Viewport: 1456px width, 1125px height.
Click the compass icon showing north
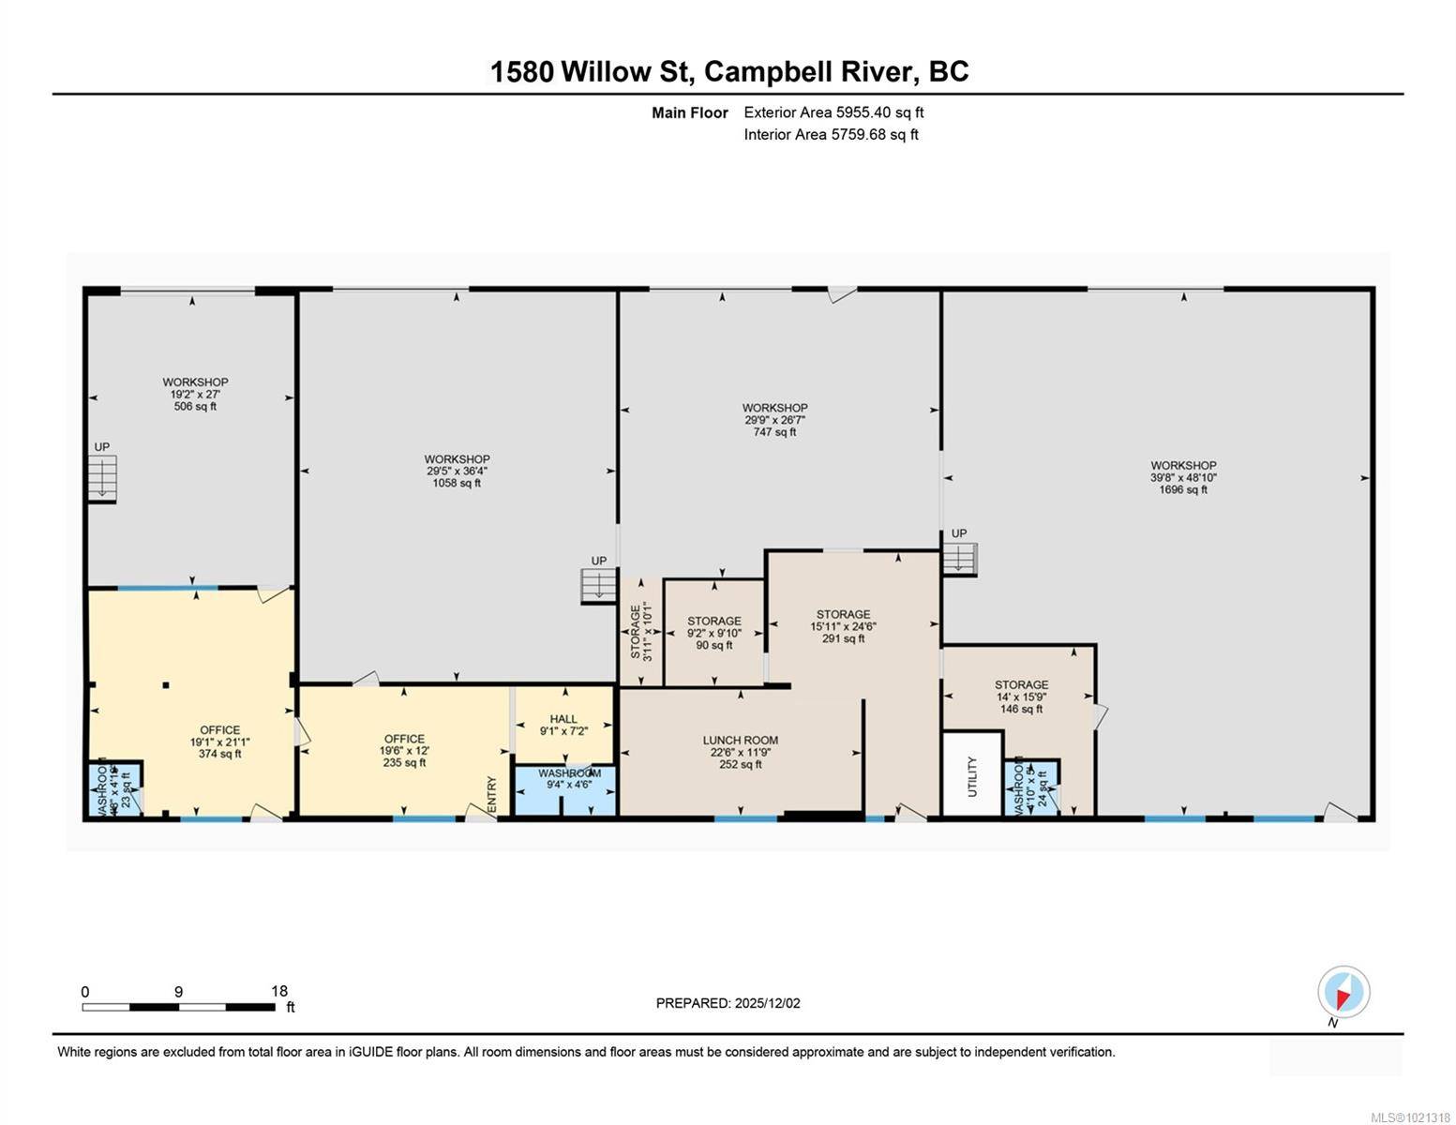click(x=1343, y=992)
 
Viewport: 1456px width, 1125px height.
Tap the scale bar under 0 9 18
click(x=178, y=1007)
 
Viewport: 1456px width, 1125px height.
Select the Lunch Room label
click(x=740, y=752)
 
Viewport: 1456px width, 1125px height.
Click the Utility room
click(x=971, y=776)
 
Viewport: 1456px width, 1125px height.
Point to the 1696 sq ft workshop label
click(x=1183, y=477)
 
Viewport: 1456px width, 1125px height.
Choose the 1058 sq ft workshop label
click(x=457, y=471)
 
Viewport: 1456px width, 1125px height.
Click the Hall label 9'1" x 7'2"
click(x=563, y=725)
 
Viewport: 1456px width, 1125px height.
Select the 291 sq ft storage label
click(x=843, y=626)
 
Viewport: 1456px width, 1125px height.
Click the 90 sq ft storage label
click(x=713, y=633)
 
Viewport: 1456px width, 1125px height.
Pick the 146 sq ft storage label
click(x=1021, y=697)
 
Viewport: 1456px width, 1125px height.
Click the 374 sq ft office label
click(x=219, y=742)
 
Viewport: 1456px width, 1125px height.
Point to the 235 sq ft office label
click(x=404, y=750)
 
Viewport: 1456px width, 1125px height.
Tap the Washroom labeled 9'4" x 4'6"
click(x=569, y=779)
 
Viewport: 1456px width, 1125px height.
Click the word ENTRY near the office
click(x=492, y=795)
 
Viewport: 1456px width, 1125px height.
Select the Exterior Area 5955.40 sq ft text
click(x=833, y=112)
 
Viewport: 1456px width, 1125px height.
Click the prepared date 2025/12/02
click(x=728, y=1003)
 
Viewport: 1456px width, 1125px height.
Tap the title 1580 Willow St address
click(x=728, y=71)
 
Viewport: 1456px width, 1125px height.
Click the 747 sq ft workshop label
click(x=774, y=420)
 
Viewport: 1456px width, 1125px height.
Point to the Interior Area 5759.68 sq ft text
click(x=831, y=135)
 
